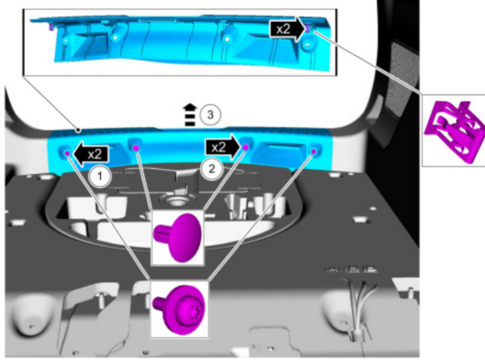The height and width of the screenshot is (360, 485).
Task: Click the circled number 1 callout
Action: [x=99, y=176]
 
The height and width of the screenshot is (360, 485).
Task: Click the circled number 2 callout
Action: [x=212, y=169]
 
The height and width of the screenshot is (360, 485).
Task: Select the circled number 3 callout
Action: [x=210, y=115]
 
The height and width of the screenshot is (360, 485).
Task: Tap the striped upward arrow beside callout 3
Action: [x=191, y=115]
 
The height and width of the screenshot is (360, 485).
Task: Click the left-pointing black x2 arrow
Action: [x=91, y=154]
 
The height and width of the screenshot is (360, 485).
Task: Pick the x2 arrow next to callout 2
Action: [x=223, y=147]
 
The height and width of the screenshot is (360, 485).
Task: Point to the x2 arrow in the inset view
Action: [x=287, y=29]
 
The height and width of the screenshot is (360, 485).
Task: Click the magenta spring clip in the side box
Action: [x=454, y=131]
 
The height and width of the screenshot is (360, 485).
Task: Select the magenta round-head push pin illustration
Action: [x=178, y=237]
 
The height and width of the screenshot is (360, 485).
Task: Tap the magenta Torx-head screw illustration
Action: [x=179, y=309]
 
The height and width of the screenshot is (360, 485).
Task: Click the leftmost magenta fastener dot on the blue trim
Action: [x=67, y=153]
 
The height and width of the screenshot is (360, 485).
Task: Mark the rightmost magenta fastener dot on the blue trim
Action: [x=314, y=151]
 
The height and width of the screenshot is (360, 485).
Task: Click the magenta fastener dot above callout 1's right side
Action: [x=136, y=148]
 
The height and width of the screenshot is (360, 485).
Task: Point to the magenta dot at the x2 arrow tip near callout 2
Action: [x=246, y=147]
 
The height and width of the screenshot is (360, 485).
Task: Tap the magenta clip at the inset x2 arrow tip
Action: [x=308, y=28]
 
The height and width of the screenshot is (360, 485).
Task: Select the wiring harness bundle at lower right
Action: [x=358, y=310]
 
